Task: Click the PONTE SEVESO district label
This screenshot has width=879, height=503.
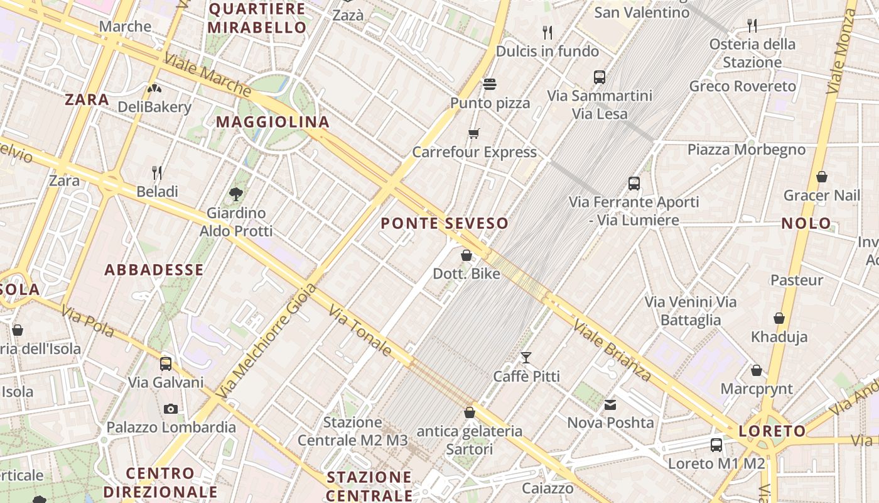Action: pos(444,223)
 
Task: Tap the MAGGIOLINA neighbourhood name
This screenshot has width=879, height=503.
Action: pos(272,122)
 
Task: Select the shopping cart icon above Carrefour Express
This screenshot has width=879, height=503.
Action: pos(474,133)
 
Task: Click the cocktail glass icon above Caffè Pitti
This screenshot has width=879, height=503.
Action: pos(526,358)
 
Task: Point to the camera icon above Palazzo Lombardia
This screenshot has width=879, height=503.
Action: pos(170,409)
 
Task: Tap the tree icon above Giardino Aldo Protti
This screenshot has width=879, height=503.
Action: pos(236,194)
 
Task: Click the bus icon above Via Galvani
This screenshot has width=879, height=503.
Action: pos(166,363)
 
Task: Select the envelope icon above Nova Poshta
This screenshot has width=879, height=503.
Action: pos(610,405)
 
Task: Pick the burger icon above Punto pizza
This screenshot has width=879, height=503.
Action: pos(490,84)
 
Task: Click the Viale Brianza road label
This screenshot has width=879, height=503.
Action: pos(613,350)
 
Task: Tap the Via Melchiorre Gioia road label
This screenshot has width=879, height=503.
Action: pos(267,341)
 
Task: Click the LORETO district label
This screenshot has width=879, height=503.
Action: pos(772,431)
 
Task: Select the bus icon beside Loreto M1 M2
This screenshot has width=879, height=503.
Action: pos(716,445)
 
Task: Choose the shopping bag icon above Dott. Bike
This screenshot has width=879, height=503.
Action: pos(466,255)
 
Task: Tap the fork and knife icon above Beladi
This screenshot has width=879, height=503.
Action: pos(157,172)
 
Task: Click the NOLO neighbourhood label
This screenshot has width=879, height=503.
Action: pos(806,223)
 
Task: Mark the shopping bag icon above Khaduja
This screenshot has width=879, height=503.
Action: pos(779,319)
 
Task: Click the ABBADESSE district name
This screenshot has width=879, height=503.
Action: pos(154,270)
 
